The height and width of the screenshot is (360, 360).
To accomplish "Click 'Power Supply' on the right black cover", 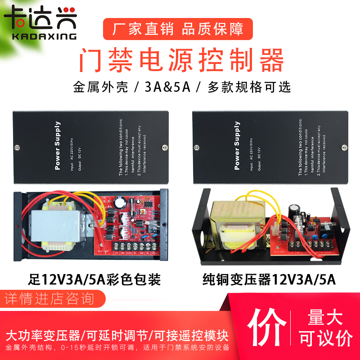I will [x=237, y=145].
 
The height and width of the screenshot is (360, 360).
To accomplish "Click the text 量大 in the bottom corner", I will [x=325, y=318].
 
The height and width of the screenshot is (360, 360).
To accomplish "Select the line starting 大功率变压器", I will [x=117, y=336].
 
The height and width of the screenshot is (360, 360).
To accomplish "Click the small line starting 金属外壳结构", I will [x=117, y=348].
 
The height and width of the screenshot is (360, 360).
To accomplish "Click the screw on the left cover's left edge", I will [x=17, y=147].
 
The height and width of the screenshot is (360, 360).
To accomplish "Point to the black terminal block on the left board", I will [x=131, y=247].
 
